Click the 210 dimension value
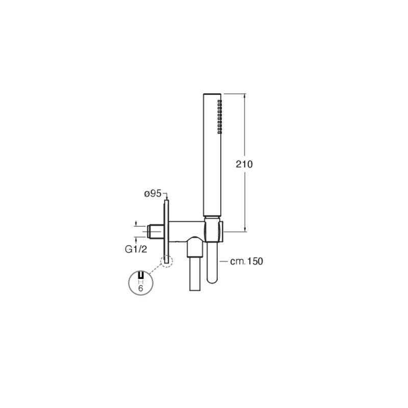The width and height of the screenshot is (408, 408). pos(244,164)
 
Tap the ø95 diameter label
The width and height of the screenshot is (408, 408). pos(153,194)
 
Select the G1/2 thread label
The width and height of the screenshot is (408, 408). pos(136,249)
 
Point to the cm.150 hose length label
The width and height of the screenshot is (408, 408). pos(247,261)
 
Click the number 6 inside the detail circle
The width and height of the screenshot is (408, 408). pos(141,288)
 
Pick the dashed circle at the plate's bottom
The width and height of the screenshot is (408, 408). pos(167,261)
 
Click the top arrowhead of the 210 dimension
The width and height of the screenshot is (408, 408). pos(245,96)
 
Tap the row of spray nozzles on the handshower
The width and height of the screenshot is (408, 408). pos(220,117)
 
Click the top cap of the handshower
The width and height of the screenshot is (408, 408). pos(212,94)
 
